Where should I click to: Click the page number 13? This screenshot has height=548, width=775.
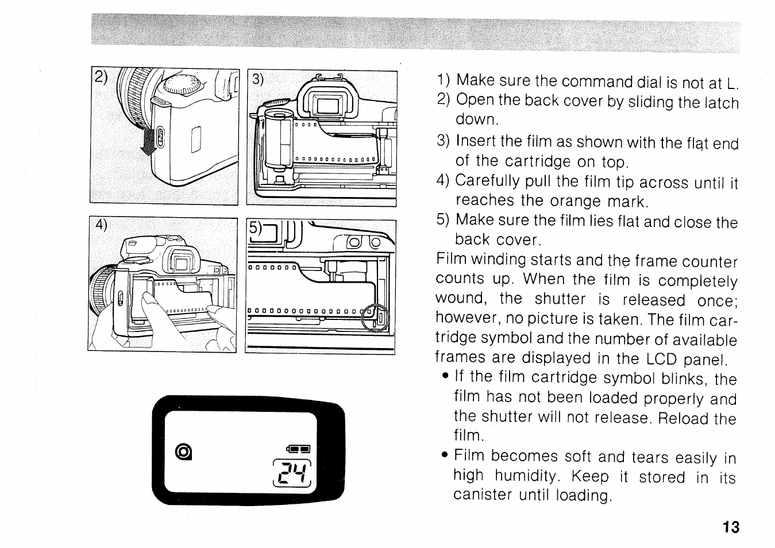tap(731, 527)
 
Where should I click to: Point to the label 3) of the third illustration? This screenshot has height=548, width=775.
tap(257, 79)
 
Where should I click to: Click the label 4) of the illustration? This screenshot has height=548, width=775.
tap(101, 225)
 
